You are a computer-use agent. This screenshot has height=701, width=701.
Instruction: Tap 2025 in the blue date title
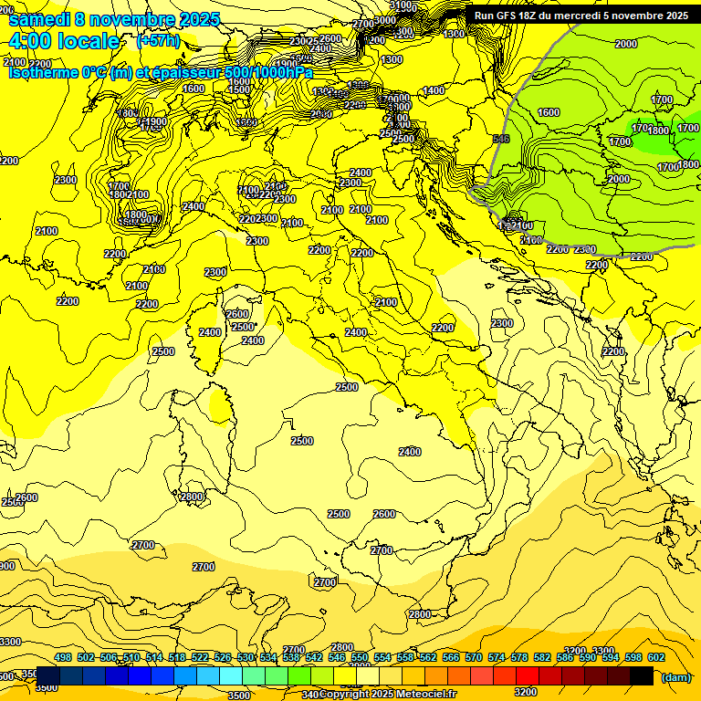(177, 19)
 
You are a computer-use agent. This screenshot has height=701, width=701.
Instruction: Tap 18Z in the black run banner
(528, 16)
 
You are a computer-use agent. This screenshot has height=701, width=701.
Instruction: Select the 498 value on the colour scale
(63, 657)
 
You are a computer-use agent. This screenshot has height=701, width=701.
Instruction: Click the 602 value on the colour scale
(656, 657)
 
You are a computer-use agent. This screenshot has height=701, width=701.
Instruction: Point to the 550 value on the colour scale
(360, 657)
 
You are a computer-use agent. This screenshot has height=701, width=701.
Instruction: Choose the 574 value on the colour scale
(497, 657)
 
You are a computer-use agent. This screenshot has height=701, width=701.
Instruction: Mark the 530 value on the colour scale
(246, 657)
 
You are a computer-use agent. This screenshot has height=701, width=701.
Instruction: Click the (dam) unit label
(676, 677)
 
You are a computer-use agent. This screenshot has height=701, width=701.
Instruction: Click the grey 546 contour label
(500, 139)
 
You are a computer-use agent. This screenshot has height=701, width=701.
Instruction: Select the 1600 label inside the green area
(549, 112)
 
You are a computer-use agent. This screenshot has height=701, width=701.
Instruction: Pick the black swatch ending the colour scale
(642, 675)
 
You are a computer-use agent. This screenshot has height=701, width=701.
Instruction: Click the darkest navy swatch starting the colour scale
(47, 675)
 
